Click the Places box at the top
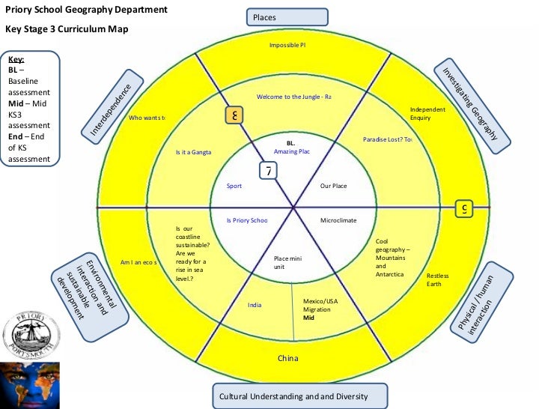click(x=287, y=16)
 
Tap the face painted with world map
click(x=30, y=384)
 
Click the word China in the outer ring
click(x=288, y=358)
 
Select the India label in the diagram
click(x=255, y=305)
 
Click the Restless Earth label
click(x=438, y=279)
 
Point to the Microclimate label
click(x=338, y=220)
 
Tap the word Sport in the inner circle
click(x=234, y=185)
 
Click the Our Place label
click(x=334, y=185)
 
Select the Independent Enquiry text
click(x=427, y=114)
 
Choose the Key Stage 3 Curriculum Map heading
click(x=67, y=29)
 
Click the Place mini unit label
click(x=289, y=262)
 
